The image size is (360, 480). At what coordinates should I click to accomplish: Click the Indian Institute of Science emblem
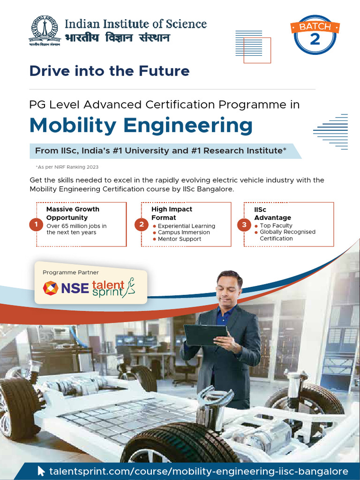click(x=45, y=31)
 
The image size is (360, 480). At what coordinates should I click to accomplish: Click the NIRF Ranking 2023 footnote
click(x=67, y=167)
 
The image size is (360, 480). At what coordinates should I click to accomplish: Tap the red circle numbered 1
click(x=36, y=225)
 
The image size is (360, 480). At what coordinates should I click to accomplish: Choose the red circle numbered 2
click(x=142, y=225)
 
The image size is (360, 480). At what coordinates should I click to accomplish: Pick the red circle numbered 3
click(x=244, y=225)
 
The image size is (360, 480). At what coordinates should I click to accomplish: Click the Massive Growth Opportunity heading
click(x=73, y=213)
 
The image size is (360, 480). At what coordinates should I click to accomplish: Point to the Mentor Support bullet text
click(x=180, y=239)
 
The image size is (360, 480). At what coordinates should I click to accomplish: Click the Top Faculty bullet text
click(x=276, y=225)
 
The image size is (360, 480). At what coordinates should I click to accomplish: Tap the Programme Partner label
click(x=71, y=272)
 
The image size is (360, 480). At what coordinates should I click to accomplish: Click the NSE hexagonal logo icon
click(x=51, y=288)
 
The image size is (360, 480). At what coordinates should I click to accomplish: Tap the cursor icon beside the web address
click(x=42, y=471)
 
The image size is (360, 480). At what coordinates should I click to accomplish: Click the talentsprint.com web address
click(x=199, y=471)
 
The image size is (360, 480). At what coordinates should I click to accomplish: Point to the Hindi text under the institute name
click(x=117, y=37)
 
